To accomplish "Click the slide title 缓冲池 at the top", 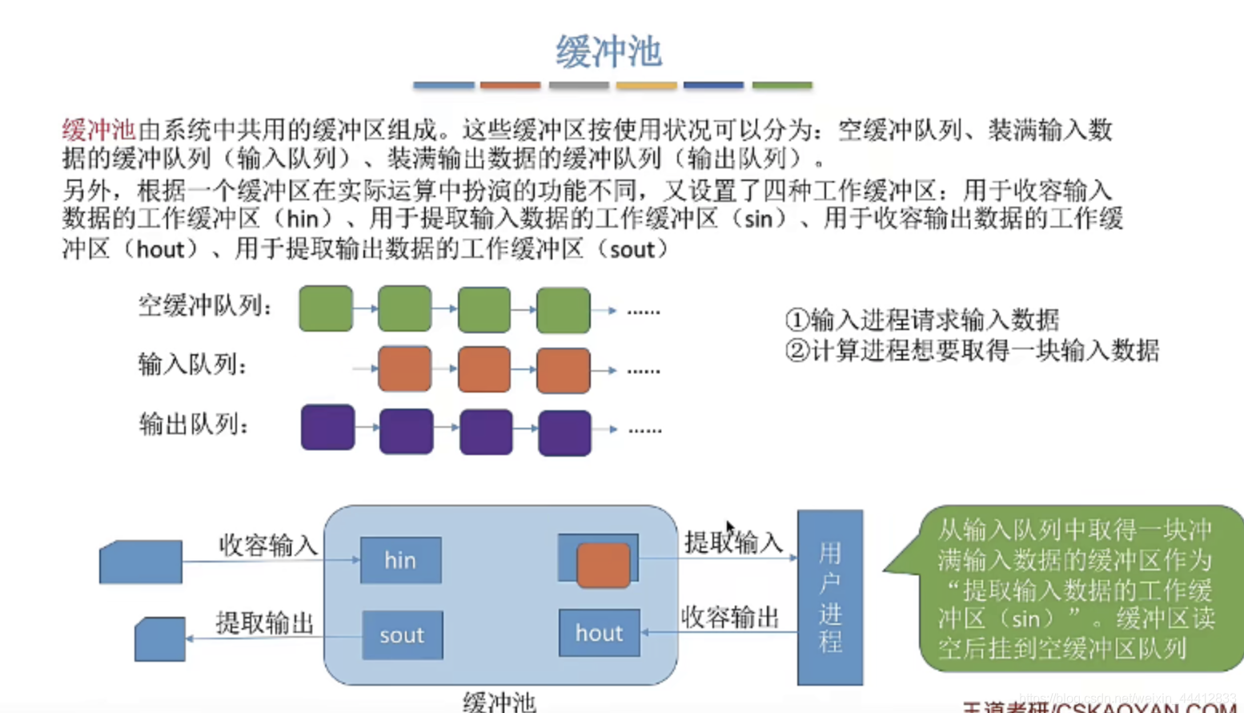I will point(608,52).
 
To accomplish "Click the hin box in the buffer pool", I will point(400,560).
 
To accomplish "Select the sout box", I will point(402,635).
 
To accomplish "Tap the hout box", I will point(599,633).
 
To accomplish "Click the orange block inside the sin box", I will point(604,564).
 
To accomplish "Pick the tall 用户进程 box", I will point(830,597).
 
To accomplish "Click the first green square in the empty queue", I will point(326,308).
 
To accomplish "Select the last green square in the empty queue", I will point(563,310).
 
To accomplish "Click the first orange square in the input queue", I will point(404,369).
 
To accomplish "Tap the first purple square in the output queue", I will point(327,427).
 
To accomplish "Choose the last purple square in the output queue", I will point(564,433).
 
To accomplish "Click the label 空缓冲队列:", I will point(205,305).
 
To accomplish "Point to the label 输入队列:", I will point(192,365).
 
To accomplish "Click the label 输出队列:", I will point(193,424).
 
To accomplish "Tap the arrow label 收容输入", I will point(268,545).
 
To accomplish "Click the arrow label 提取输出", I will point(264,622).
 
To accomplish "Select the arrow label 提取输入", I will point(733,542).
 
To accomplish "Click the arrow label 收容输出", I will point(730,617).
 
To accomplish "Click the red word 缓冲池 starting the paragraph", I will point(98,130).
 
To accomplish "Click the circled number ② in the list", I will point(797,350).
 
